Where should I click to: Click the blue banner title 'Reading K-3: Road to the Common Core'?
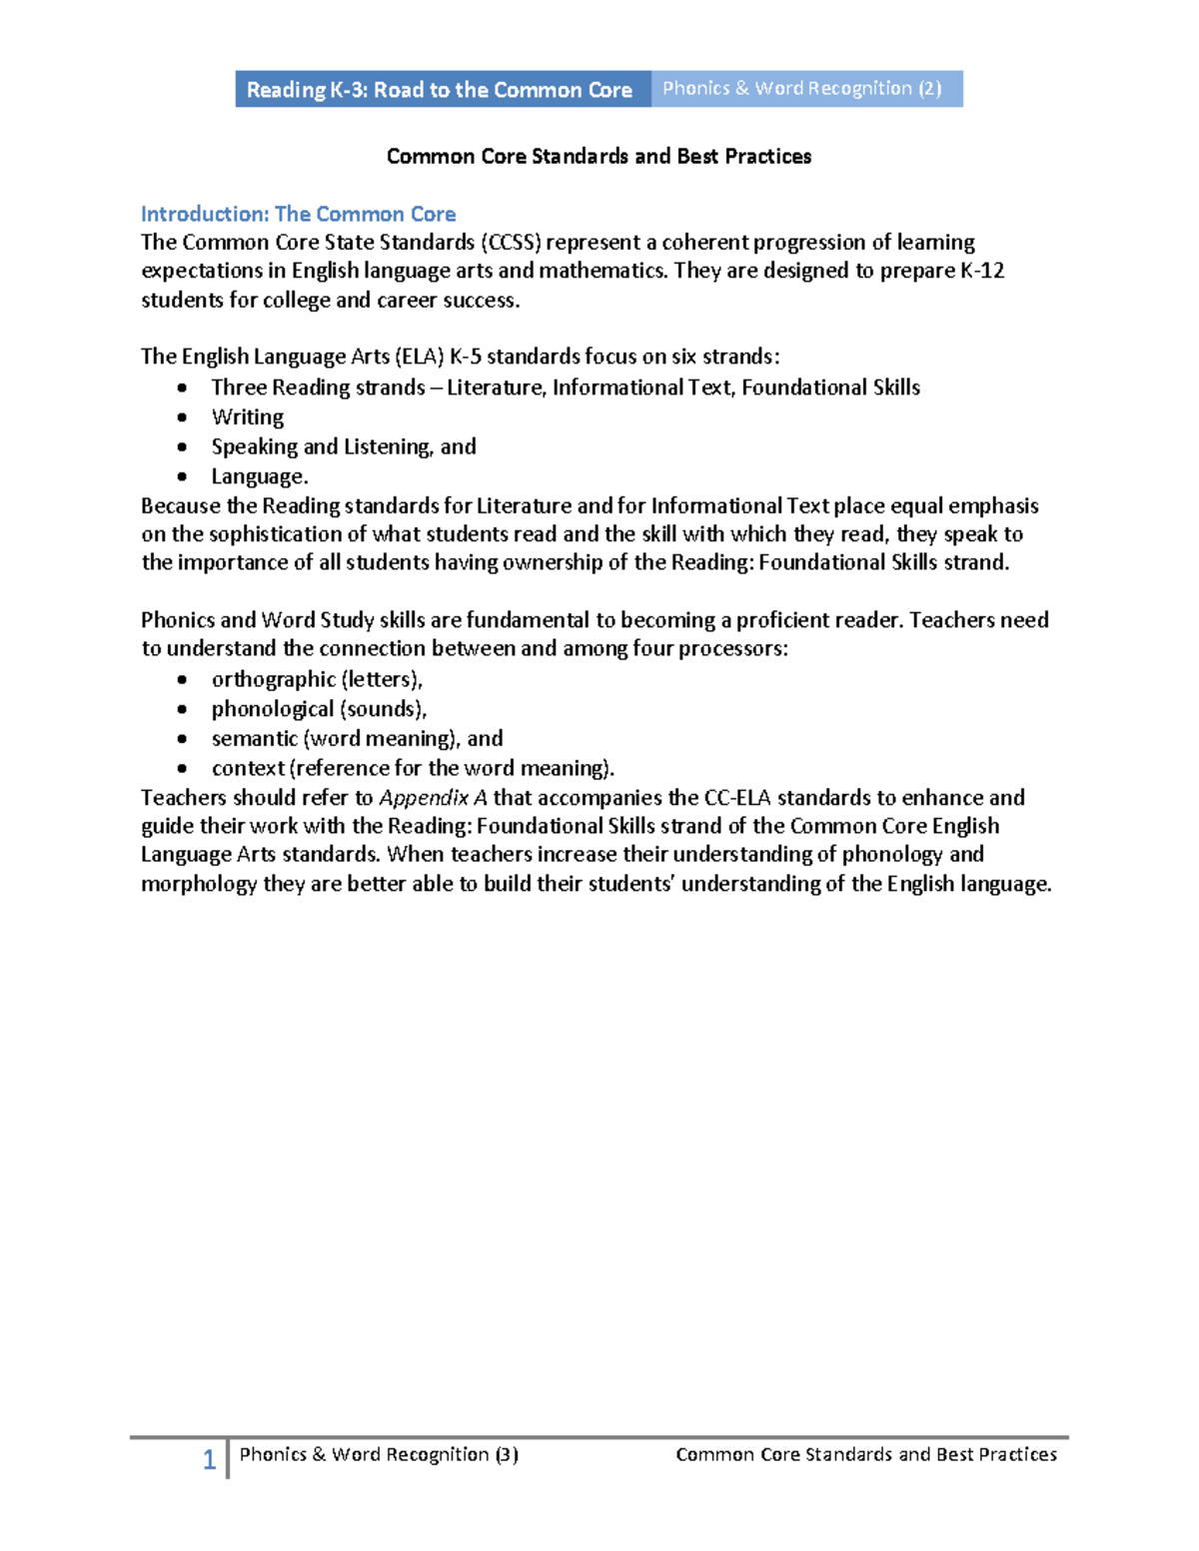pos(439,90)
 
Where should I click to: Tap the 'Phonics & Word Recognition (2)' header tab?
pos(802,89)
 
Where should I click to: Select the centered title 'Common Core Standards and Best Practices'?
pos(599,157)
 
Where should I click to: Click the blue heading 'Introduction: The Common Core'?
pos(298,214)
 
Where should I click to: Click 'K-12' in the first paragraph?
pos(981,271)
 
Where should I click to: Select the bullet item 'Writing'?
pos(247,417)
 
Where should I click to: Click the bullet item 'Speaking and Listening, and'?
pos(343,446)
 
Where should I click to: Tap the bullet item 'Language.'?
pos(260,476)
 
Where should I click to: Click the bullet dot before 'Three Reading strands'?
pos(182,388)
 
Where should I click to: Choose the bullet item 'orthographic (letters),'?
pos(317,679)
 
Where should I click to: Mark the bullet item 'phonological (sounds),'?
pos(319,709)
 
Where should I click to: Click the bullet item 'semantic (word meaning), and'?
pos(357,739)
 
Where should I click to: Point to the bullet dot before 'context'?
pos(182,769)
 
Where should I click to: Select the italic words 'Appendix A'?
pos(433,798)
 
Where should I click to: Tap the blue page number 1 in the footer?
pos(209,1460)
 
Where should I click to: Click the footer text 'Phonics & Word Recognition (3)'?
pos(379,1455)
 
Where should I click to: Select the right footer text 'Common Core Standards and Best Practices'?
pos(866,1455)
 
